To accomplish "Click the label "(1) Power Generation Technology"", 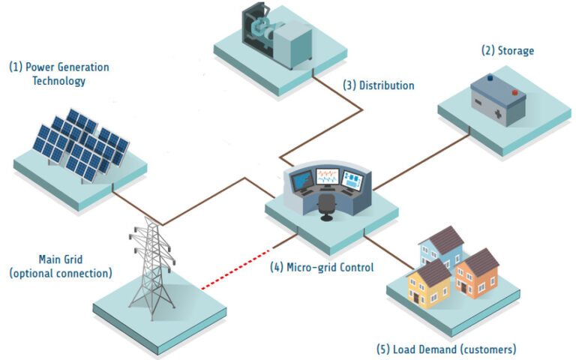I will [58, 73].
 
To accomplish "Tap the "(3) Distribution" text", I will [379, 85].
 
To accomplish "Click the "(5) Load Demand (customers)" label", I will [446, 349].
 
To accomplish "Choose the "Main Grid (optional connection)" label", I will [60, 265].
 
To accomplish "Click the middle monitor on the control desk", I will [328, 177].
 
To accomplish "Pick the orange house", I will [477, 274].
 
